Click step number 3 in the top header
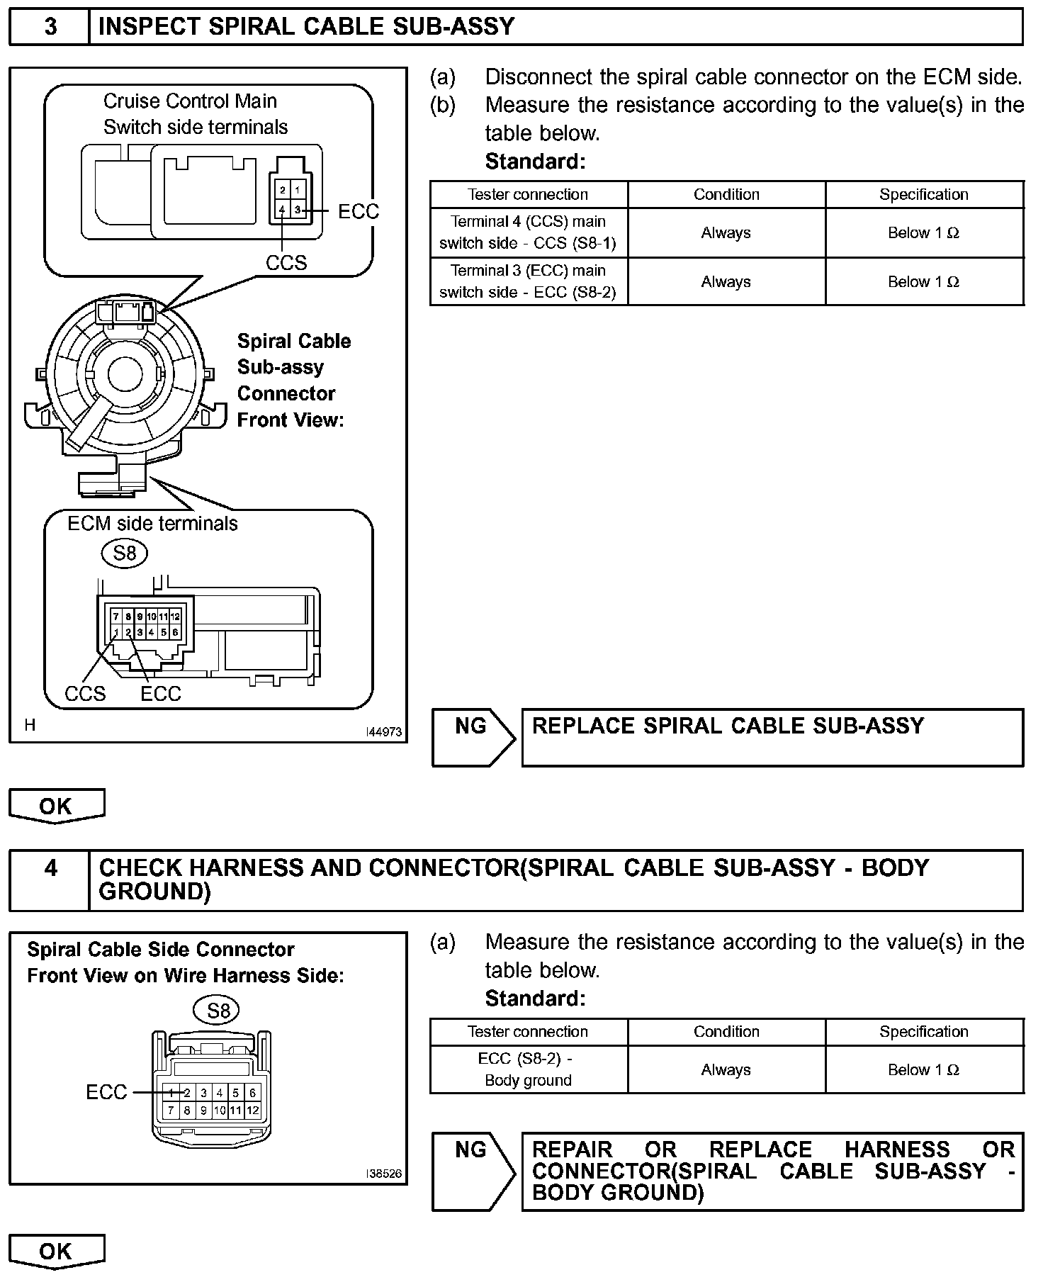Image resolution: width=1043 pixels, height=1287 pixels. pyautogui.click(x=51, y=27)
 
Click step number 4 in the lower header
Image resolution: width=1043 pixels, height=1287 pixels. pyautogui.click(x=51, y=867)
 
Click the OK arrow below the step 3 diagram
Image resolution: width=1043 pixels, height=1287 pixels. pyautogui.click(x=56, y=806)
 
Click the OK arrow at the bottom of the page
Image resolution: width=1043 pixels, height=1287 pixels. pyautogui.click(x=56, y=1251)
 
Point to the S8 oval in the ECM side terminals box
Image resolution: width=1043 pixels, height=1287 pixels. pyautogui.click(x=125, y=553)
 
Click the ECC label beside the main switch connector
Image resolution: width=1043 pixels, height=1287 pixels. pyautogui.click(x=359, y=211)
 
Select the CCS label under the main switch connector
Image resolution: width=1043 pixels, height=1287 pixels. pyautogui.click(x=286, y=263)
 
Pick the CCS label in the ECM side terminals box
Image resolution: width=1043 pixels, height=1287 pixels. pyautogui.click(x=85, y=694)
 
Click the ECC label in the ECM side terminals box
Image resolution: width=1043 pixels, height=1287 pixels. pyautogui.click(x=161, y=694)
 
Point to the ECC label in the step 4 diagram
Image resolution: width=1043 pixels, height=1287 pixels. pyautogui.click(x=106, y=1092)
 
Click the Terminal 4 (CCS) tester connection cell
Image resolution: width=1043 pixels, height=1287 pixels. pyautogui.click(x=528, y=232)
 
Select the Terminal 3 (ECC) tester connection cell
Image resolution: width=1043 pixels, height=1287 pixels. pyautogui.click(x=528, y=281)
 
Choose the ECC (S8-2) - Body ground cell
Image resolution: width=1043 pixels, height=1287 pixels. pyautogui.click(x=528, y=1069)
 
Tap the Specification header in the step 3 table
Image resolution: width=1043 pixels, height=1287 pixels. pyautogui.click(x=924, y=194)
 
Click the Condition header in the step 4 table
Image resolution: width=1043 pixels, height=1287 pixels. pyautogui.click(x=726, y=1032)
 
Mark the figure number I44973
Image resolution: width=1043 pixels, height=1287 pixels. pyautogui.click(x=384, y=731)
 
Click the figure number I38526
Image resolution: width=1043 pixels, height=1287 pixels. pyautogui.click(x=384, y=1174)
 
